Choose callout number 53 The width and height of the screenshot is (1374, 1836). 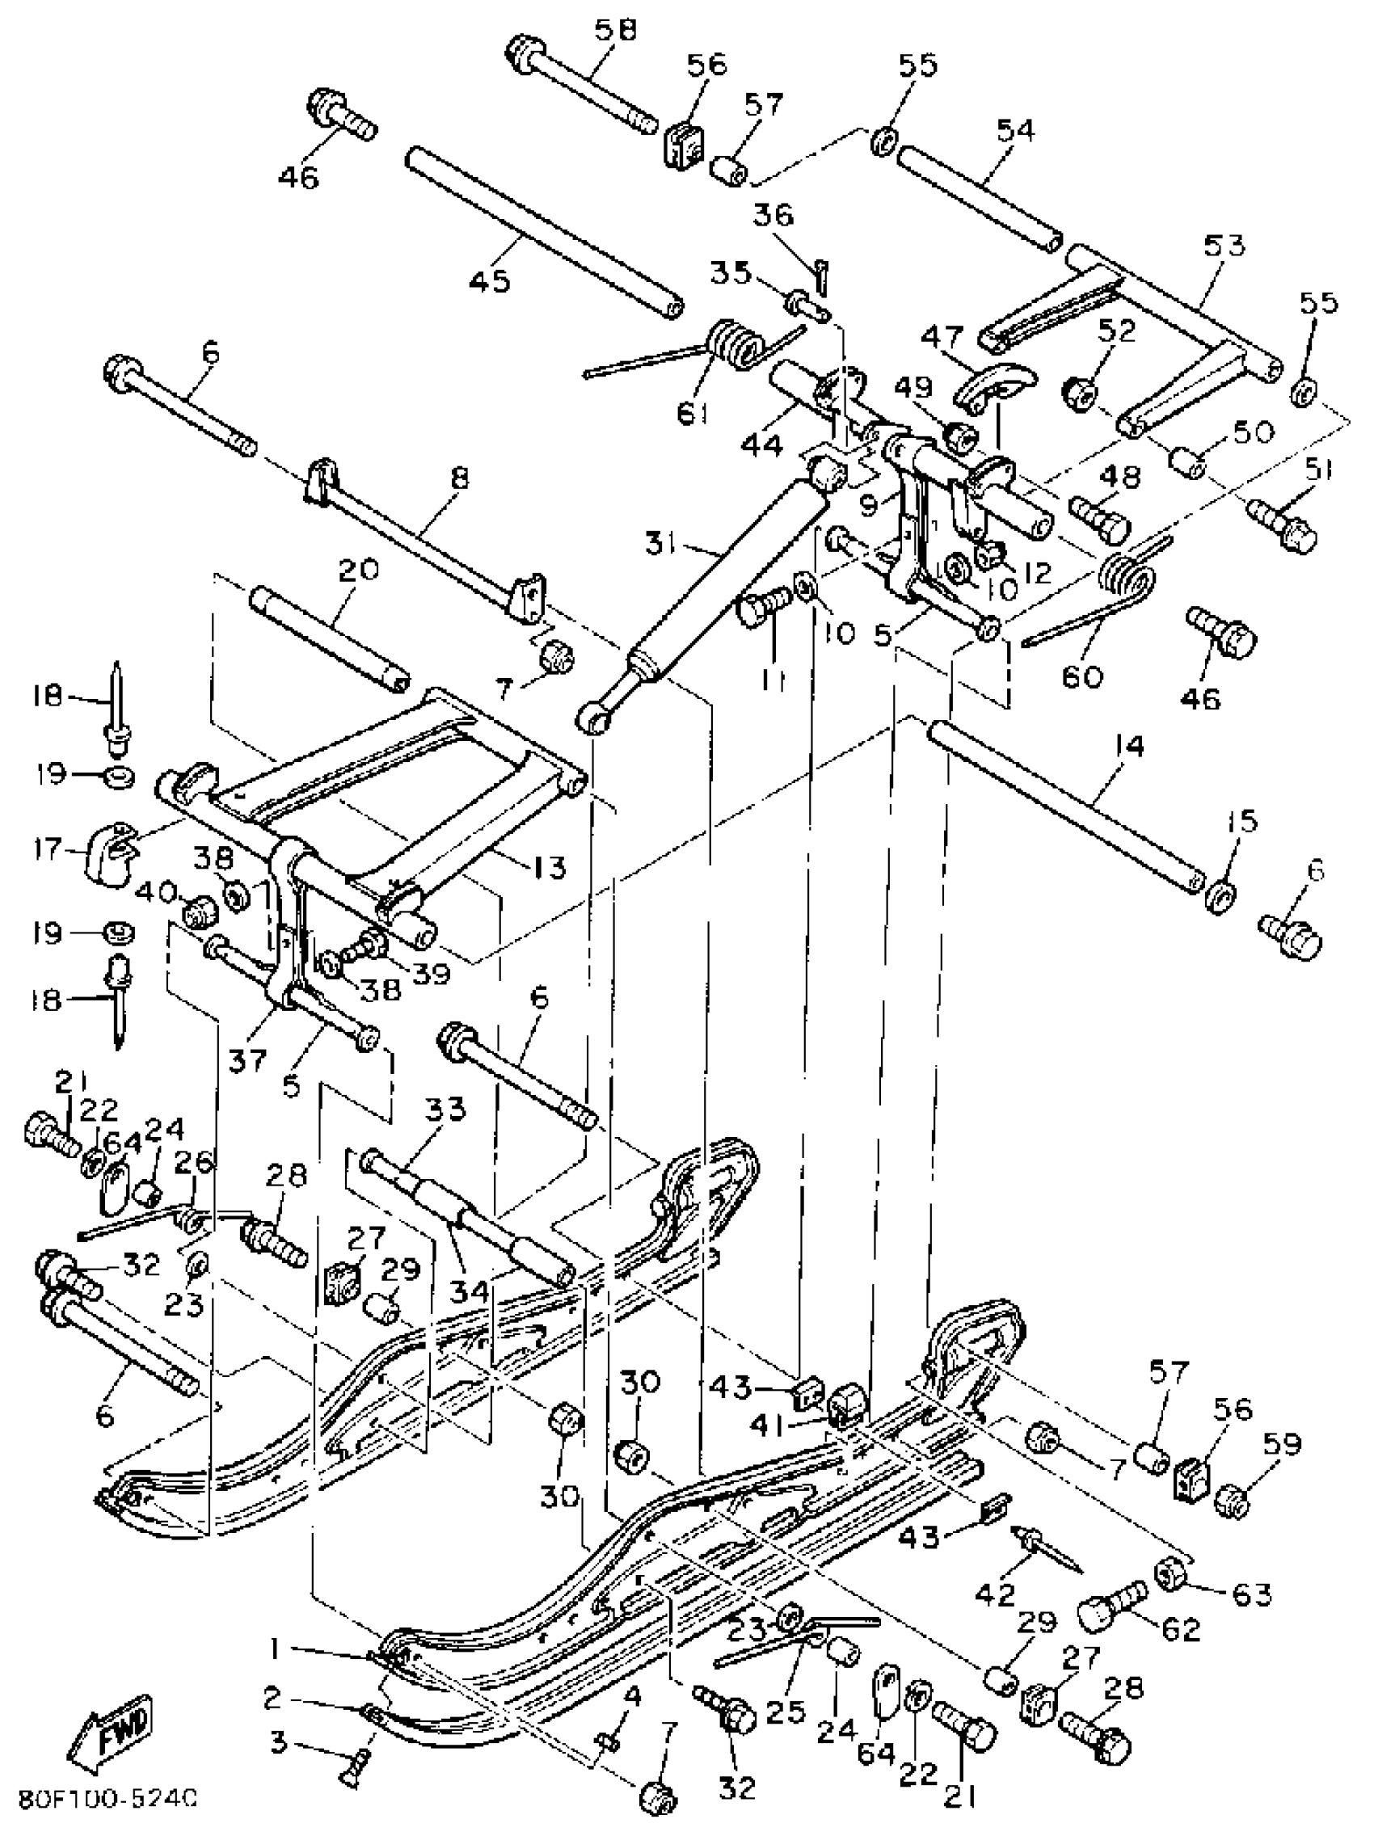click(1224, 246)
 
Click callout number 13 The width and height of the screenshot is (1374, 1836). click(546, 868)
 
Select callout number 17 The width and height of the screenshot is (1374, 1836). click(48, 849)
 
